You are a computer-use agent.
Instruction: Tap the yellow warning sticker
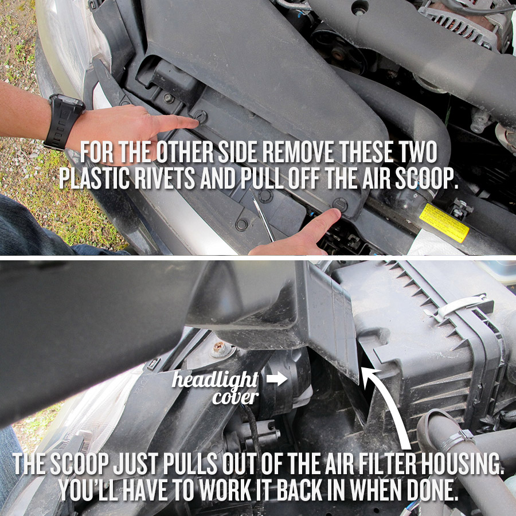[444, 222]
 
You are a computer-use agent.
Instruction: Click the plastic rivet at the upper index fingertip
[200, 117]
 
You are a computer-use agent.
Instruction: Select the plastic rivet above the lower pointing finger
[339, 204]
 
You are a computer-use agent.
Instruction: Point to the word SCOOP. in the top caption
[426, 179]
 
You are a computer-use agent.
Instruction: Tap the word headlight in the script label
[215, 380]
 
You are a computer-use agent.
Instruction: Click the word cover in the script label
[235, 397]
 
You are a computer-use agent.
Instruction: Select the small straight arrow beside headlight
[277, 378]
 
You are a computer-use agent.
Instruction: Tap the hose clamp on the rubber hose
[455, 437]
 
